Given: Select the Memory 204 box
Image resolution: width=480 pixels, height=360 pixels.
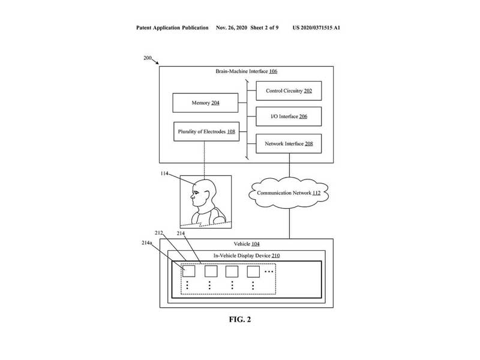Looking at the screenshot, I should coord(205,103).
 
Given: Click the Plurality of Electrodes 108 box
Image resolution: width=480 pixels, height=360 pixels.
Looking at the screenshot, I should coord(206,131).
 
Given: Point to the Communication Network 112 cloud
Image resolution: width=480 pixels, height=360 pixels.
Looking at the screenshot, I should coord(289,193).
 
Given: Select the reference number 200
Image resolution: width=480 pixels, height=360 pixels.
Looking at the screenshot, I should coord(148,58).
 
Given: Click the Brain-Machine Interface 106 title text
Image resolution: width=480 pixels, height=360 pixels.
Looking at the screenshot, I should coord(246,71).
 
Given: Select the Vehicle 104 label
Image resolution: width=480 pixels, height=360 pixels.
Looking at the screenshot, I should coord(246,245).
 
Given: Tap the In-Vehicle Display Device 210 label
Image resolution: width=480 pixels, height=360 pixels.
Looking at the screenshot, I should coord(247,256).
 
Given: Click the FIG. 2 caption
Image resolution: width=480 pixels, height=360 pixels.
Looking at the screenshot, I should coord(240,319).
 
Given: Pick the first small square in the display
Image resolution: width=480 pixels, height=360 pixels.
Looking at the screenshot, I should coord(188,271).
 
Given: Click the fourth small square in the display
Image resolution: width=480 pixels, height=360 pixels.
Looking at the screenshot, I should coord(253,271).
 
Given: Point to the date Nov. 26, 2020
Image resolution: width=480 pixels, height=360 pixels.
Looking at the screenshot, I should coord(236,28).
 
